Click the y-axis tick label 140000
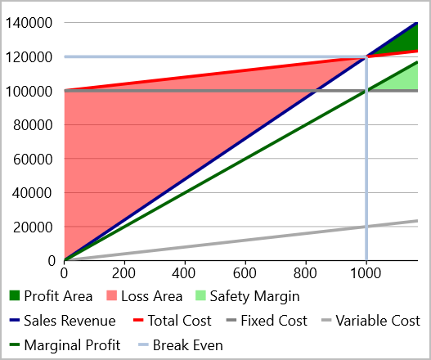30,23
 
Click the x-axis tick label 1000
366,272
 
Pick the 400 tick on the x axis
185,272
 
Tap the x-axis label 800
305,272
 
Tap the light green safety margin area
405,79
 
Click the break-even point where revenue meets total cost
366,56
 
